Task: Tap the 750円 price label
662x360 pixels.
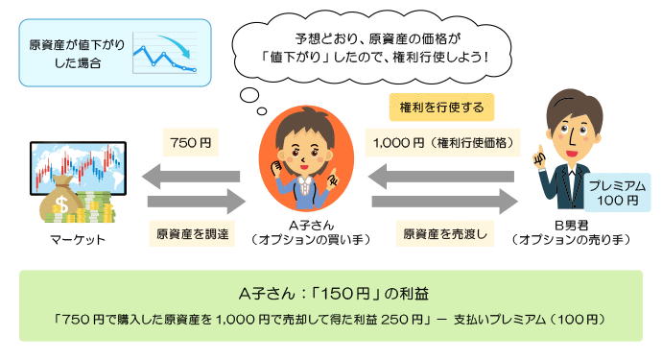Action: (x=190, y=143)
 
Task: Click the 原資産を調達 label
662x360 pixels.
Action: (x=190, y=232)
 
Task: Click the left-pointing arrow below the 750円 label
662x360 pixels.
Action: (x=191, y=177)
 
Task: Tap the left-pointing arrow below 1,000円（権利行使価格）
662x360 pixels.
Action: (x=442, y=177)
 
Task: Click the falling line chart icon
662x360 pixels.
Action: (x=164, y=54)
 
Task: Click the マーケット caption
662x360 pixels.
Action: (x=76, y=239)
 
